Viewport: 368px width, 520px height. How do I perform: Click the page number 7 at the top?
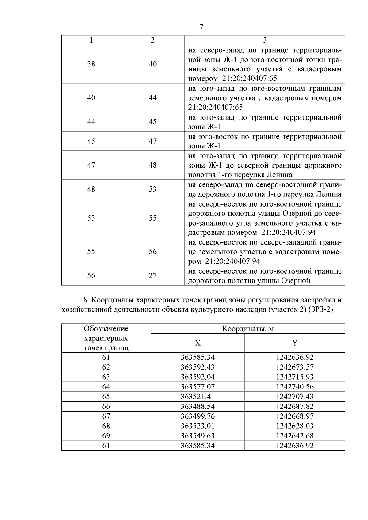201,27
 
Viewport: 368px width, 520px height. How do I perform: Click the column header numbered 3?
264,40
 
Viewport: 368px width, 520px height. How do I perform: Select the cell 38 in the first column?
91,64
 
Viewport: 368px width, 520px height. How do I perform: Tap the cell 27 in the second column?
153,275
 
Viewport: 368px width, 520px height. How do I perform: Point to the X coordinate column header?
197,343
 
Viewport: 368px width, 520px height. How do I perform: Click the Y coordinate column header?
294,343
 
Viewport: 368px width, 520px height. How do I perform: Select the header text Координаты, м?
248,329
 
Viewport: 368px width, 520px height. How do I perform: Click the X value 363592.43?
197,367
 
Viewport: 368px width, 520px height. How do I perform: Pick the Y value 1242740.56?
294,387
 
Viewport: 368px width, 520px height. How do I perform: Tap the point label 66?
106,406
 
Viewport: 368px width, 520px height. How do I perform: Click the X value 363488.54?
197,406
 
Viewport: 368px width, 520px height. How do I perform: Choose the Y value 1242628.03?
294,426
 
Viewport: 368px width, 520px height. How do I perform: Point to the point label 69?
106,436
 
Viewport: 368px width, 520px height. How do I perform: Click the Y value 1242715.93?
294,377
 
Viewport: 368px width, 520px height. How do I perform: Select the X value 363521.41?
197,397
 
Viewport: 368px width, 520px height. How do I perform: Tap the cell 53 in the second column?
153,189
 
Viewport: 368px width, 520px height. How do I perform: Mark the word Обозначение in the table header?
106,329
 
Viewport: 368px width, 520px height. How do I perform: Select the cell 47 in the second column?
153,141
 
